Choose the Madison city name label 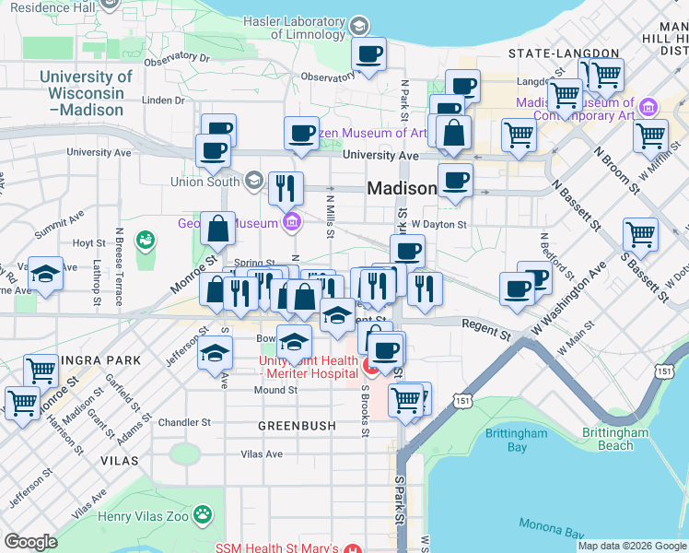tap(402, 188)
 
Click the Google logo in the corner tap(30, 542)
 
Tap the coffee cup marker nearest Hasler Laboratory tap(369, 55)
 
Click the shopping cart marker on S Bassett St tap(639, 234)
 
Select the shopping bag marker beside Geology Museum tap(218, 230)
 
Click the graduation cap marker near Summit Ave tap(45, 274)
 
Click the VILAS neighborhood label tap(121, 460)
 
